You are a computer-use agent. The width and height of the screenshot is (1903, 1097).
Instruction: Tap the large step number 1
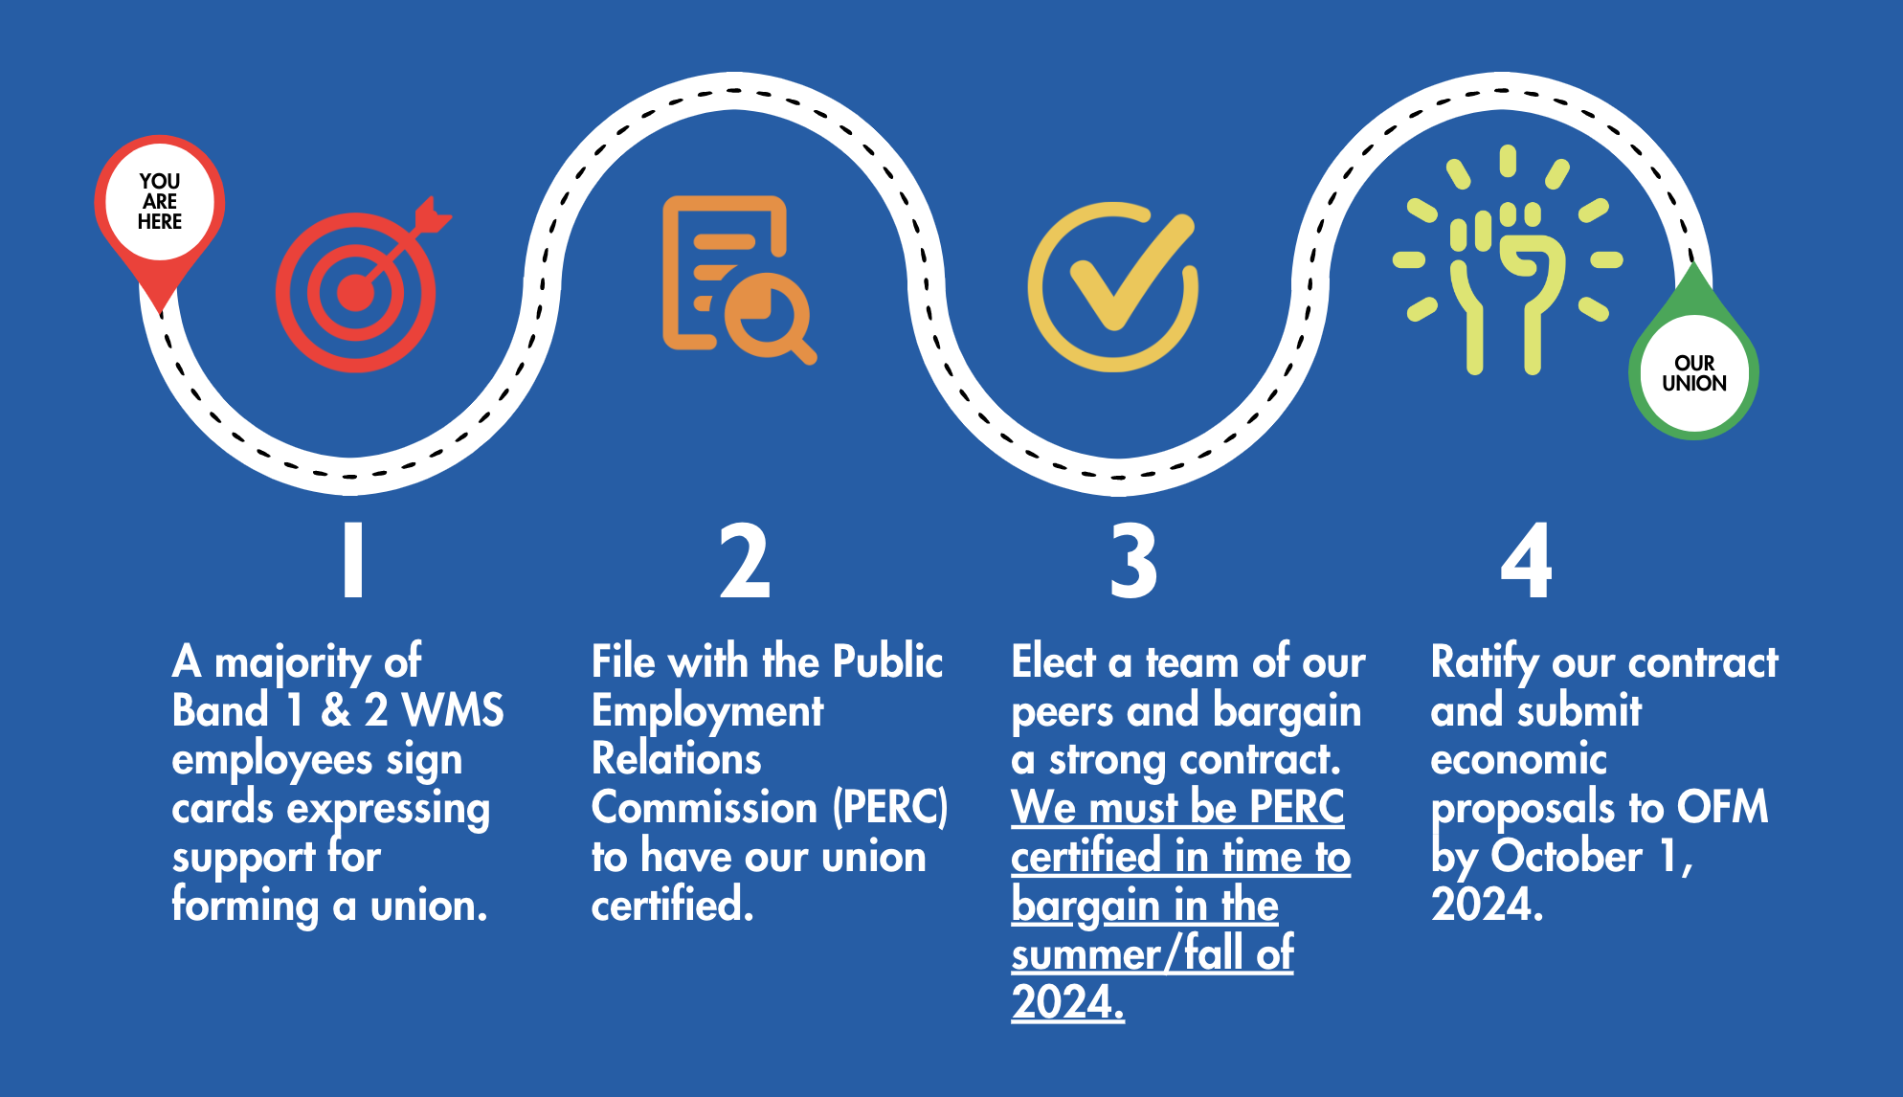(353, 560)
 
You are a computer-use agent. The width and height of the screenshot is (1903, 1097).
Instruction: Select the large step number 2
(745, 560)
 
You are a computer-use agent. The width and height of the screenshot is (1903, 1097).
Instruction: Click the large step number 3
(1133, 560)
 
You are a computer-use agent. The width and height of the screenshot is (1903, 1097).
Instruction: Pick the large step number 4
(1526, 560)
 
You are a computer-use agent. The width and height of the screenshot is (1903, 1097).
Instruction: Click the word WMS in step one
(453, 710)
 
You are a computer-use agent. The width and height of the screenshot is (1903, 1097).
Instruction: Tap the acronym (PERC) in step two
(890, 807)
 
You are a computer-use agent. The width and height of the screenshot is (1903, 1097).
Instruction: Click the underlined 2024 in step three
(1067, 1002)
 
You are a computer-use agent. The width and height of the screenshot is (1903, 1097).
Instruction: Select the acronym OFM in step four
(1722, 807)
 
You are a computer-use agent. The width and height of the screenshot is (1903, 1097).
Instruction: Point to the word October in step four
(1566, 856)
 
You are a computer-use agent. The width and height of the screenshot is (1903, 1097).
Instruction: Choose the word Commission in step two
(705, 807)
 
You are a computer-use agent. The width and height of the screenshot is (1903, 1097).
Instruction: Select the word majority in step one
(292, 663)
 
